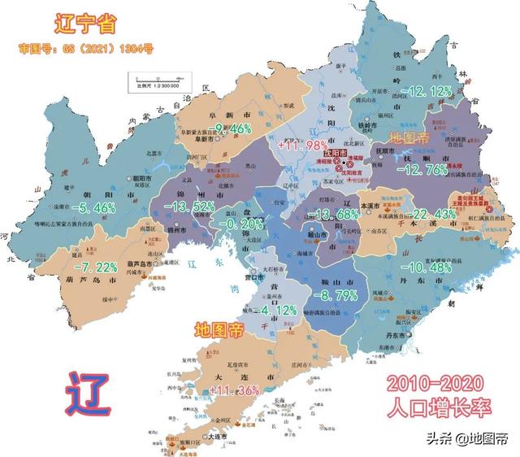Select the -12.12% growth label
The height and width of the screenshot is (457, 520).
pos(431,90)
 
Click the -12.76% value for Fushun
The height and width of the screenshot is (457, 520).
pos(437,169)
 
